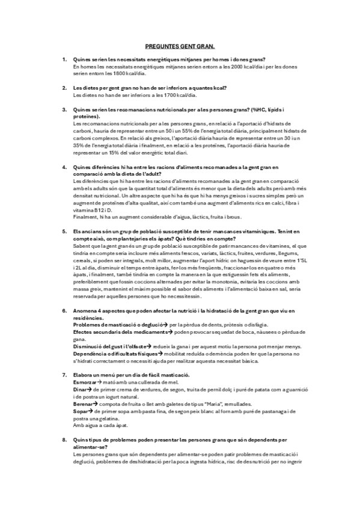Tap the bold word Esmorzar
pyautogui.click(x=85, y=382)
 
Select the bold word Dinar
pyautogui.click(x=80, y=389)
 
